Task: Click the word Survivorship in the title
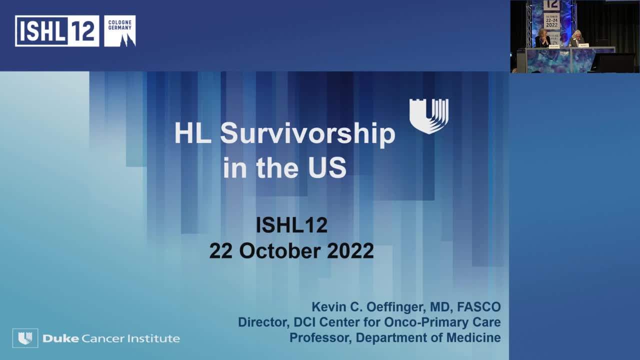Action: [307, 134]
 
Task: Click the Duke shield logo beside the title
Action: [428, 115]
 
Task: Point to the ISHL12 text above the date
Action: [291, 225]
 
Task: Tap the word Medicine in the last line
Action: [477, 337]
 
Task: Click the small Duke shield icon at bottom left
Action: [25, 338]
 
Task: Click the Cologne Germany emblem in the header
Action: [120, 31]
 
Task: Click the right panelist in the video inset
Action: [577, 38]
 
